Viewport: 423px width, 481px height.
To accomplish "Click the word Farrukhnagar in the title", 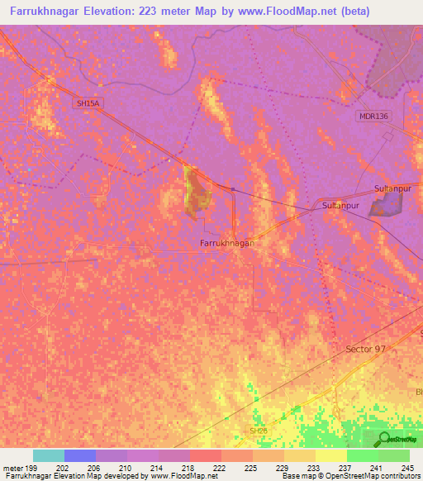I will point(49,12).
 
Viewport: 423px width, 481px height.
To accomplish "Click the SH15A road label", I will point(87,103).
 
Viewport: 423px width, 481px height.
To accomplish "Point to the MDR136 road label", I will point(373,116).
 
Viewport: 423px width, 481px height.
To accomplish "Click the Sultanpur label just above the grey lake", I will point(392,189).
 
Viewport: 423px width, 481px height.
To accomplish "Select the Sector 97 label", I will point(365,350).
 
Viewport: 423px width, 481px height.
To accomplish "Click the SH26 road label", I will point(259,431).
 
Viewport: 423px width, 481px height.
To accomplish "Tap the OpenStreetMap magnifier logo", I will point(385,439).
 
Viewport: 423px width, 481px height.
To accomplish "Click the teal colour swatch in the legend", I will point(49,455).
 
